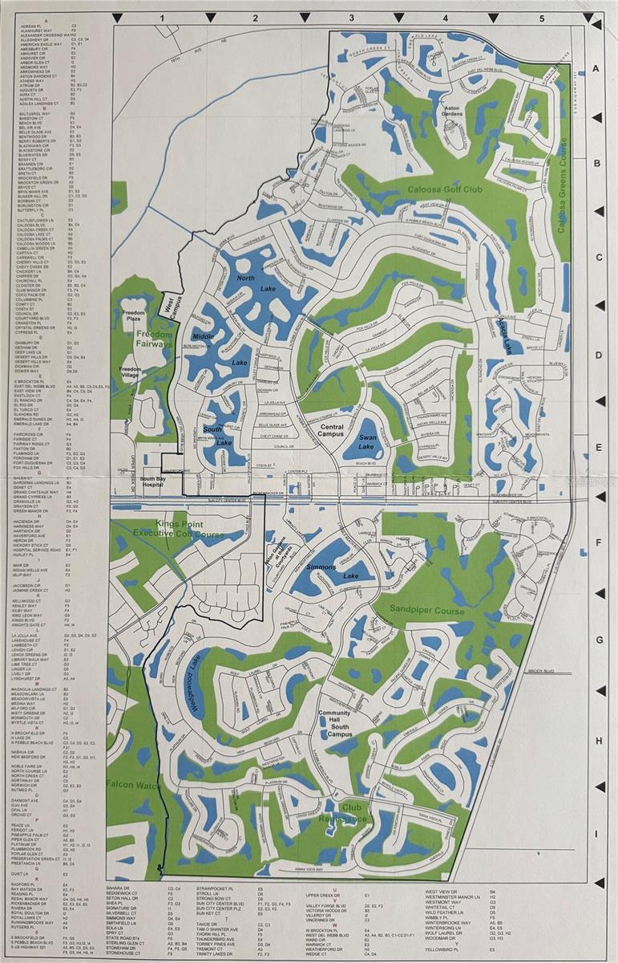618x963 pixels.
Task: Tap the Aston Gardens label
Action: [x=454, y=111]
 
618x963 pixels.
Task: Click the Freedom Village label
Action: [x=130, y=373]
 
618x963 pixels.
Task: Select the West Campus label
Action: [x=171, y=307]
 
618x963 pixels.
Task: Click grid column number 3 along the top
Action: [x=350, y=17]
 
